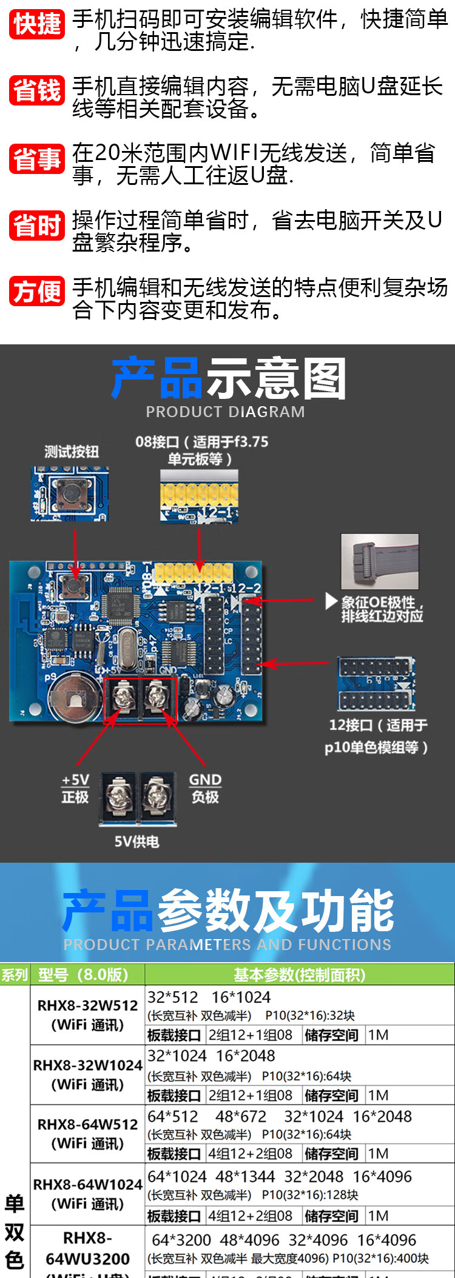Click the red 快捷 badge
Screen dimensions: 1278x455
tap(37, 24)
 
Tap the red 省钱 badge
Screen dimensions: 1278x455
tap(37, 90)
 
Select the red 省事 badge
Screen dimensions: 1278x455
tap(37, 159)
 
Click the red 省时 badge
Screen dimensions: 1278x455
tap(37, 226)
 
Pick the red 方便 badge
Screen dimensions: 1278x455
tap(37, 292)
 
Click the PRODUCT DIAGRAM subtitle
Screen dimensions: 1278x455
tap(225, 412)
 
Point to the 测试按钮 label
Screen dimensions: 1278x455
tap(71, 451)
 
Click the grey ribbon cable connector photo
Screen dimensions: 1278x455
tap(380, 561)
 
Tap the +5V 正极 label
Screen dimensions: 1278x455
tap(75, 788)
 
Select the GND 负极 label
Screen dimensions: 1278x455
tap(205, 788)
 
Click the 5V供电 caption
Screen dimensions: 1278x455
tap(136, 841)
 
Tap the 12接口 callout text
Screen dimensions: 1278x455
tap(377, 736)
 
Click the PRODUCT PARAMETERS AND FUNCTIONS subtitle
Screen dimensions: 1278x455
tap(227, 945)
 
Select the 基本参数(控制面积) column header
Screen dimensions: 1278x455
tap(299, 975)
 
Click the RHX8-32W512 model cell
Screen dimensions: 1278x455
tap(88, 1015)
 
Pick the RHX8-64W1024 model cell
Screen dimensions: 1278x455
tap(88, 1194)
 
